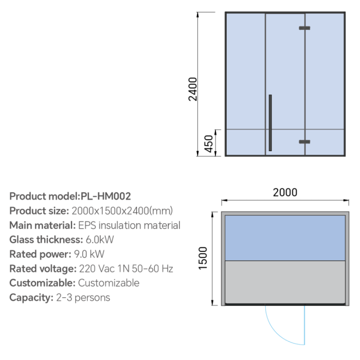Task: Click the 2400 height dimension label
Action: [x=193, y=89]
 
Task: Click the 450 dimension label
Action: [x=209, y=143]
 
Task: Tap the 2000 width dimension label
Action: [x=285, y=192]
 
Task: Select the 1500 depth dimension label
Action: [x=203, y=258]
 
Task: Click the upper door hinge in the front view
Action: [x=304, y=28]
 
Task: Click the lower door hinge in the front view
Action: [x=304, y=141]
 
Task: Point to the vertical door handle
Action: [x=270, y=123]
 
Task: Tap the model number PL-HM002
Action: [x=106, y=196]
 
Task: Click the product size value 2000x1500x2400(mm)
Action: [x=122, y=211]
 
